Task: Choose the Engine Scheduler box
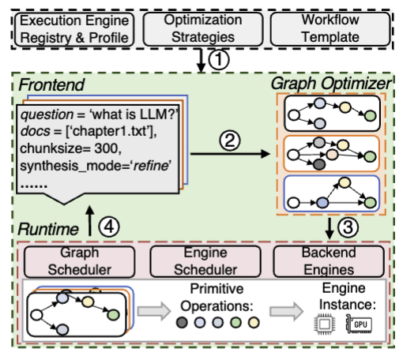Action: pos(201,259)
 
